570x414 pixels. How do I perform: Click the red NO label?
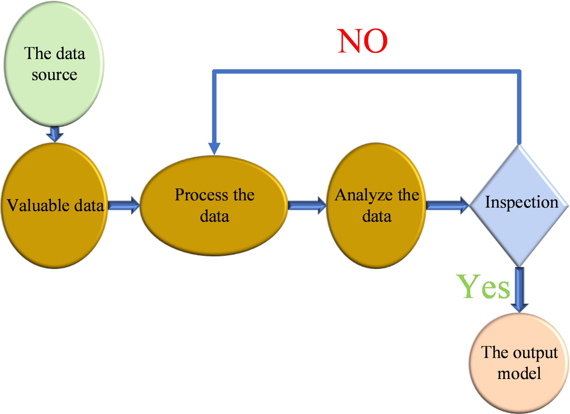[x=362, y=41]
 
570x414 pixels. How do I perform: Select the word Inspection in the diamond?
[x=521, y=202]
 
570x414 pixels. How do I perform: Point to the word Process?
[x=201, y=195]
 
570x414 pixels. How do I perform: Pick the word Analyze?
[x=364, y=195]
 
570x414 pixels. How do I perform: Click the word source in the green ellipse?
[x=54, y=75]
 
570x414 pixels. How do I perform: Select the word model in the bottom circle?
[x=519, y=373]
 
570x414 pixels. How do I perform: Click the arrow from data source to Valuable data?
[x=55, y=134]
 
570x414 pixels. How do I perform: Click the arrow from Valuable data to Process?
[x=124, y=205]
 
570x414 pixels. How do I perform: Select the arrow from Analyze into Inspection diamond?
[x=447, y=205]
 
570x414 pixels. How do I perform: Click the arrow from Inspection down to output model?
[x=519, y=290]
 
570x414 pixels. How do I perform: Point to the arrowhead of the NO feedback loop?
[x=214, y=148]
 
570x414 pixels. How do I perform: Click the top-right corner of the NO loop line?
[x=519, y=72]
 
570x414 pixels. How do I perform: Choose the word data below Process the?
[x=214, y=216]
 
